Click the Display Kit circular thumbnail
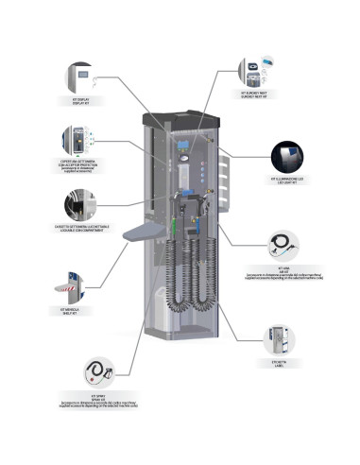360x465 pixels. point(80,77)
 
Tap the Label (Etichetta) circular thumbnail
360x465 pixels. point(278,338)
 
